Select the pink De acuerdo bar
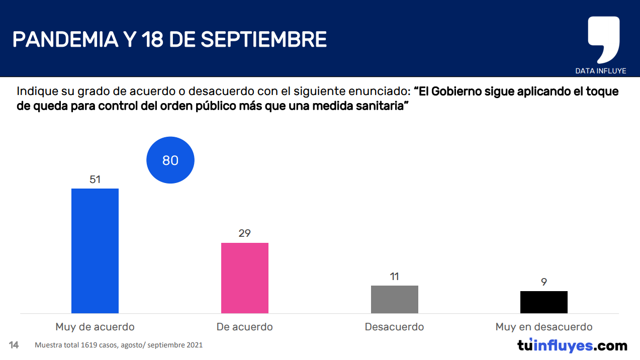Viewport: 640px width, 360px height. coord(245,278)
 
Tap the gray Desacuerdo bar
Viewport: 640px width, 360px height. coord(395,299)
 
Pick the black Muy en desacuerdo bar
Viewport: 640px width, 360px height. coord(544,302)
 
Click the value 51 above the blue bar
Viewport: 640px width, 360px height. coord(95,179)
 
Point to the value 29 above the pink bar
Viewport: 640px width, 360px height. coord(245,233)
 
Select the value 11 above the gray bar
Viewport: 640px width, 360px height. coord(395,277)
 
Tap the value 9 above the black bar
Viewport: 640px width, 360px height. coord(544,282)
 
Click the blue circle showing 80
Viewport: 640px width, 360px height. coord(170,160)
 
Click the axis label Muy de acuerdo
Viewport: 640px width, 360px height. coord(95,327)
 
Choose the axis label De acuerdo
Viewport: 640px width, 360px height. coord(245,327)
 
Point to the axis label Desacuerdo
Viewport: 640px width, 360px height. coord(395,327)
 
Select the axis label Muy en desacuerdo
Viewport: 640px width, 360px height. coord(544,327)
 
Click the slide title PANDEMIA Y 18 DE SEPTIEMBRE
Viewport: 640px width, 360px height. coord(169,39)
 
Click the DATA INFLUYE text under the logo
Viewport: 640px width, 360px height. coord(601,71)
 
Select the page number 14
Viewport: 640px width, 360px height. coord(14,345)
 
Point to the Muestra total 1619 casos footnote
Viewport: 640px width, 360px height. coord(119,345)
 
